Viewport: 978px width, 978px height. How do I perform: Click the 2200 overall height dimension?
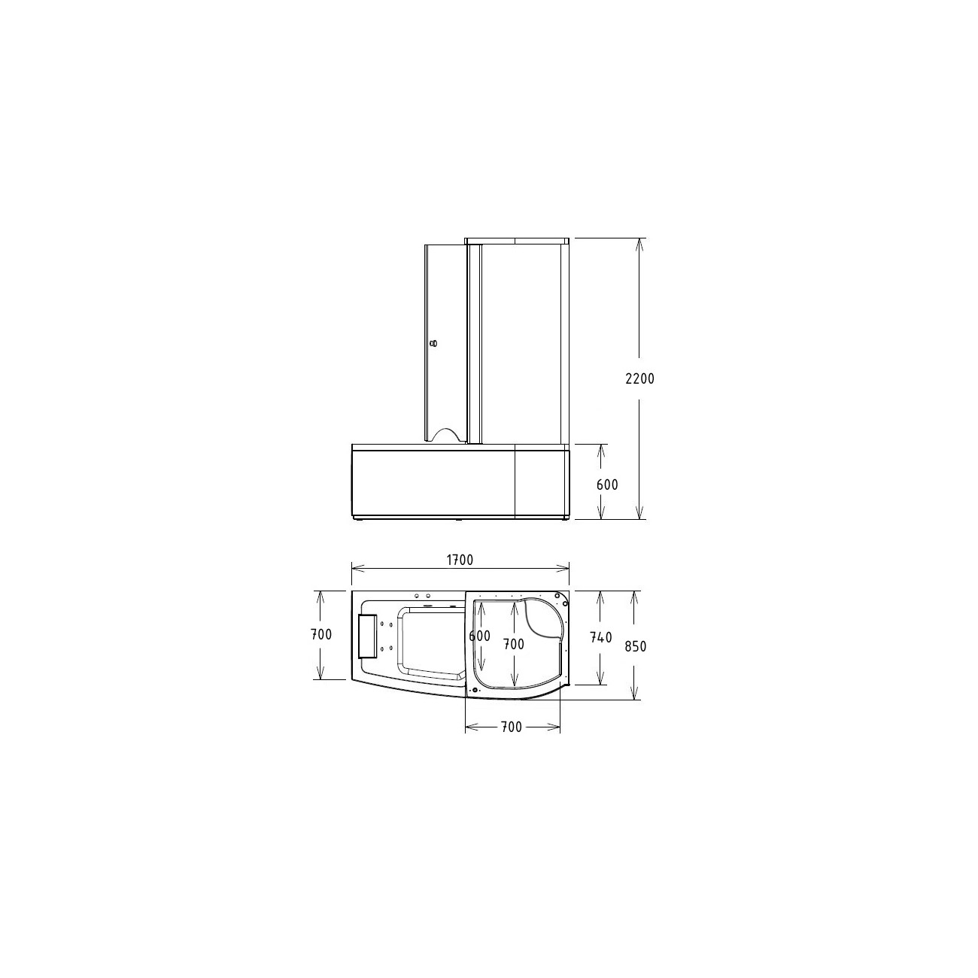click(x=639, y=378)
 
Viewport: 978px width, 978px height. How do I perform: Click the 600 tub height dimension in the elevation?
click(x=607, y=484)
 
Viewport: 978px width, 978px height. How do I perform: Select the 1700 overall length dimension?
click(x=460, y=560)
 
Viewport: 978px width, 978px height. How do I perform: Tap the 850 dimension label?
click(x=636, y=646)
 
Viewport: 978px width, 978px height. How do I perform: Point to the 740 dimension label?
click(x=601, y=637)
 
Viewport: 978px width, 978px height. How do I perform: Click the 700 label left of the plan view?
click(x=321, y=634)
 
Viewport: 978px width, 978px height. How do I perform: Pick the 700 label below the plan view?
click(x=511, y=727)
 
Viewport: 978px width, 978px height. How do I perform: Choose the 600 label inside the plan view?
click(x=480, y=636)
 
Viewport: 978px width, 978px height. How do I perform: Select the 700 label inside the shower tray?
click(x=514, y=644)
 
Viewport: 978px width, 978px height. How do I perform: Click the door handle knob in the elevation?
click(x=433, y=344)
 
